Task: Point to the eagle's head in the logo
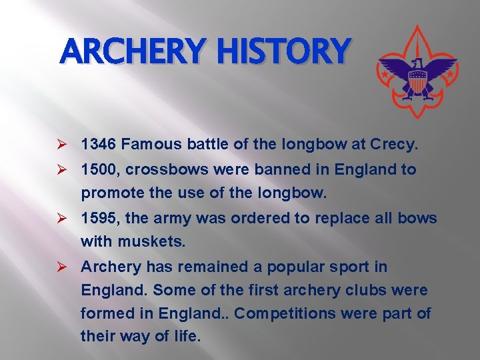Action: point(418,63)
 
